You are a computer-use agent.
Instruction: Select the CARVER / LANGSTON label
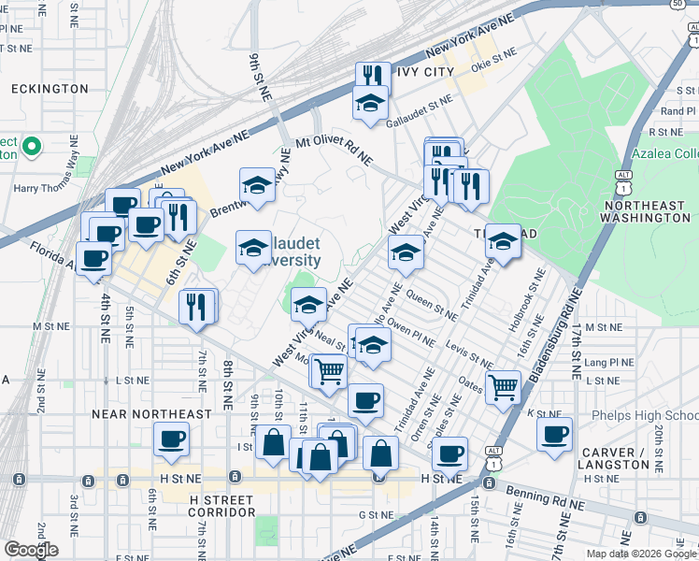coord(615,458)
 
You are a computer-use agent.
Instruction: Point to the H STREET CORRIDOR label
coord(222,506)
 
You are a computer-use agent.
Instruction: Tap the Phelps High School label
coord(645,415)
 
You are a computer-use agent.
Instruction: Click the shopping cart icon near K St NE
coord(504,384)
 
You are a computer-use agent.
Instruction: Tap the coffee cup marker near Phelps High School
coord(555,434)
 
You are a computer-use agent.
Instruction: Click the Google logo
coord(31,550)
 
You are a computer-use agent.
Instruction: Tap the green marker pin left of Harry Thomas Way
coord(30,146)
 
